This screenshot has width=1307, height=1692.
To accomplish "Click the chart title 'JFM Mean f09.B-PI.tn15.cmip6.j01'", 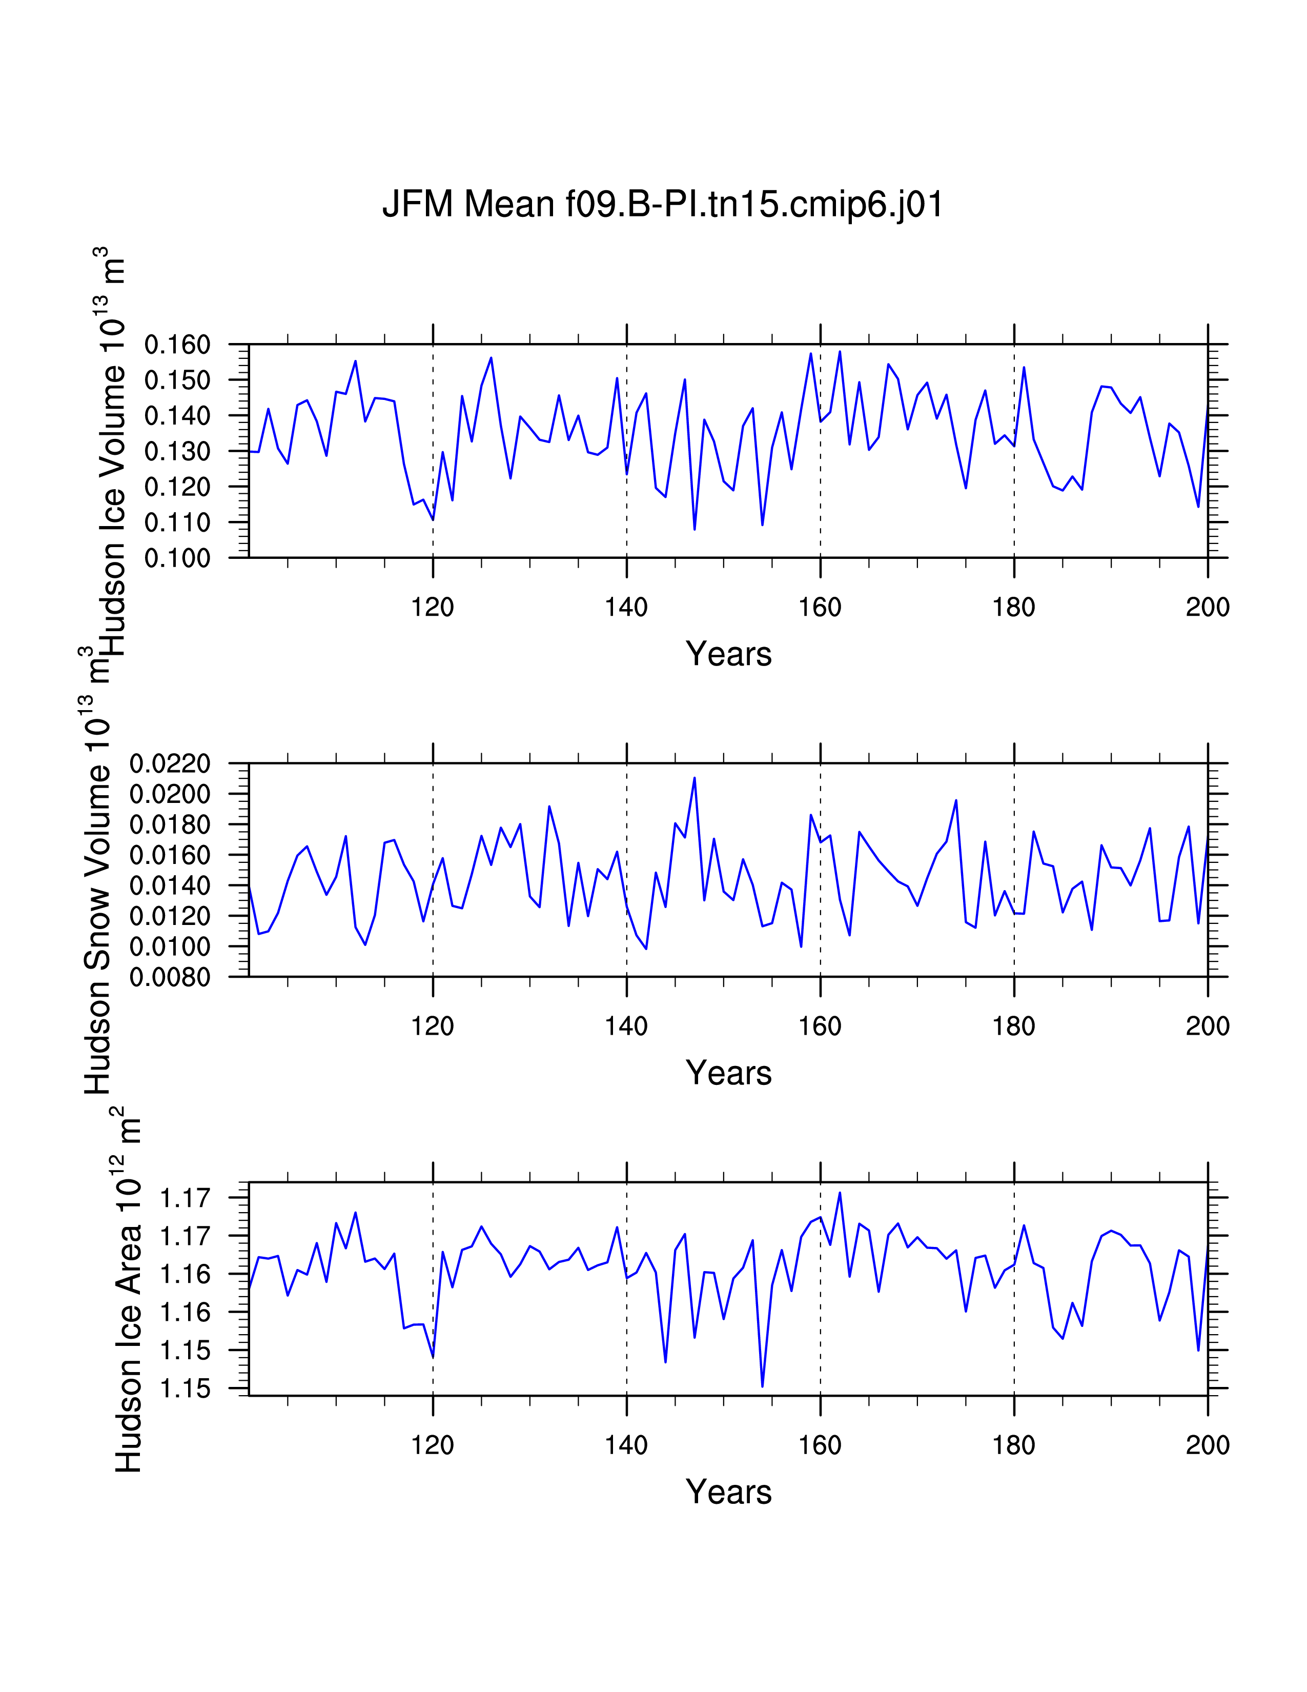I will point(663,205).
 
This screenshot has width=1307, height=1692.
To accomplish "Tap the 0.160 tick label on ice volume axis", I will point(177,345).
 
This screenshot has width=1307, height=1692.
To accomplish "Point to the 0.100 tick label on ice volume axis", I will point(177,558).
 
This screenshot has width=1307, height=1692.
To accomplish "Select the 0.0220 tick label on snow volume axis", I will point(170,764).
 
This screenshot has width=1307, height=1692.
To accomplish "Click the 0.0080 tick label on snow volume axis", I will point(170,978).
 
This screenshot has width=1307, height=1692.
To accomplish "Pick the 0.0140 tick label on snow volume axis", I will point(170,885).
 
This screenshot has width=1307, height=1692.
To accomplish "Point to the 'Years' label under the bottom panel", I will point(728,1492).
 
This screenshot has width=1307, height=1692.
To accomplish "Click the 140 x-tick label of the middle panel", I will point(626,1026).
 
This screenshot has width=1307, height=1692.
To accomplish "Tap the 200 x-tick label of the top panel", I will point(1207,608).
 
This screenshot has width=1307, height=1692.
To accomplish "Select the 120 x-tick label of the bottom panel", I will point(432,1445).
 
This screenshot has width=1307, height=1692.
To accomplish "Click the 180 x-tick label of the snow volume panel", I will point(1013,1026).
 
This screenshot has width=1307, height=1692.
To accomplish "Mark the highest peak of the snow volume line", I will point(695,778).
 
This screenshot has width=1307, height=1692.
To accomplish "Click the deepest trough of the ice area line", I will point(763,1386).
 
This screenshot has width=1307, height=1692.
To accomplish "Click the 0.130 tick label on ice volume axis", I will point(177,452).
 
